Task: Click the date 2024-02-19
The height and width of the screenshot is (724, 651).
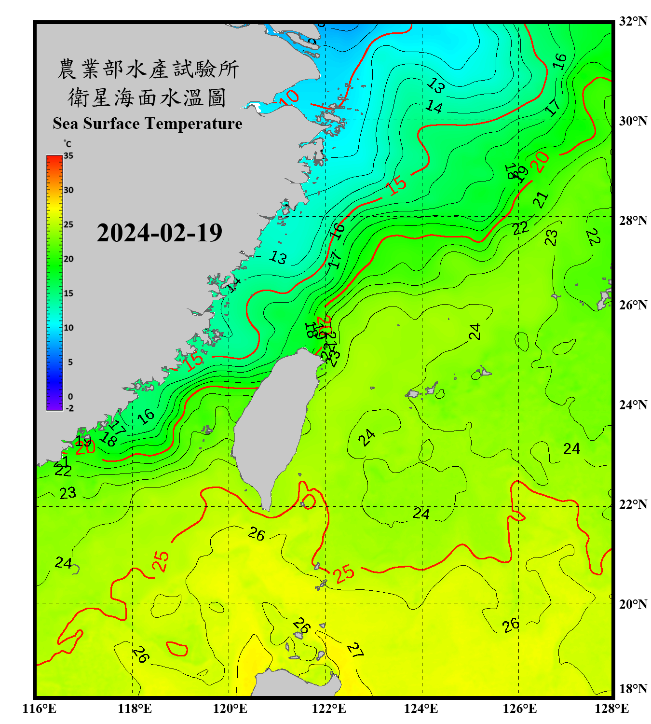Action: coord(159,233)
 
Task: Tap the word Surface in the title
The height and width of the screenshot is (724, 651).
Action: coord(111,124)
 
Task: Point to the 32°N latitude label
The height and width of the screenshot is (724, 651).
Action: coord(633,21)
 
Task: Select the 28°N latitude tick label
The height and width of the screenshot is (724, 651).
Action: coord(633,221)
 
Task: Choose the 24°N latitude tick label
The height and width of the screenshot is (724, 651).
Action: coord(633,405)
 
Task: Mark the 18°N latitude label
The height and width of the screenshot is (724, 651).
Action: coord(633,689)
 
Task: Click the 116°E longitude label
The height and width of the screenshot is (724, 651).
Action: coord(40,709)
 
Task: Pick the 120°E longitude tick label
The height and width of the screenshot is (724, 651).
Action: coord(230,709)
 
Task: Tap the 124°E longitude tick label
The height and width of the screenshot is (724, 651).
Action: coord(421,709)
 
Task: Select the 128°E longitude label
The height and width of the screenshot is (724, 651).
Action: coord(611,709)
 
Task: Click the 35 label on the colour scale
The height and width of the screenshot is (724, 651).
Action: coord(68,156)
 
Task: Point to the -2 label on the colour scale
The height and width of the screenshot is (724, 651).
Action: coord(69,408)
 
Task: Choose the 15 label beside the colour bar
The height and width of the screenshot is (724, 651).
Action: coord(68,293)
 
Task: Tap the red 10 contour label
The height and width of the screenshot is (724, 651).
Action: coord(290,97)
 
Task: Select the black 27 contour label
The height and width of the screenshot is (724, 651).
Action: coord(355,650)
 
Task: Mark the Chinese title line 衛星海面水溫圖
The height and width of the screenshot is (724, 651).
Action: coord(147,97)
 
